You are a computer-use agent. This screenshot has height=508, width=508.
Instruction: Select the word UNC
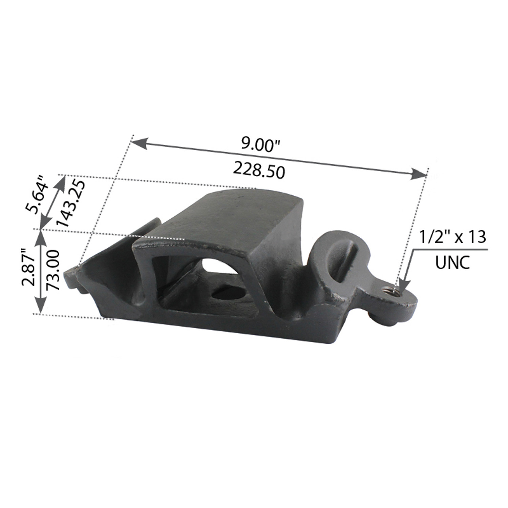[x=452, y=263]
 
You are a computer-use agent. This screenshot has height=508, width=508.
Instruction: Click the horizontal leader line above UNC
[x=450, y=250]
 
